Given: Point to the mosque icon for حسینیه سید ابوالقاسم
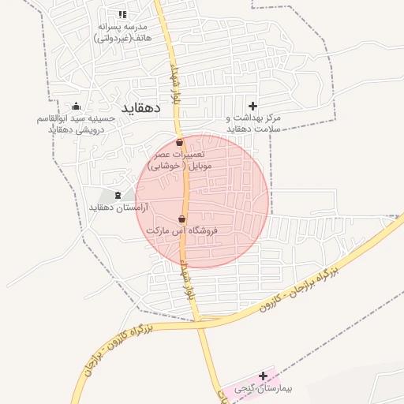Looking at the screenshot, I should point(76,106).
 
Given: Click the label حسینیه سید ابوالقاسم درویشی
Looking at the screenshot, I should point(77,124).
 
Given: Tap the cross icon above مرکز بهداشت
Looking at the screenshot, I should point(252,106).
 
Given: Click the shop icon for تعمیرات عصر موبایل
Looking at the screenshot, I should point(180,143).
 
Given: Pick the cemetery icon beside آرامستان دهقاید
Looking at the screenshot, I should point(118,195).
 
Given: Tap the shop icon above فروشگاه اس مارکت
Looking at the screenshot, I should point(182,219).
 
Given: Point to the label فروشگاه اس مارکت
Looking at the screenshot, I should point(182,232).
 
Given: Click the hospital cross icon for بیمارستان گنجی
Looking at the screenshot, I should point(263,376).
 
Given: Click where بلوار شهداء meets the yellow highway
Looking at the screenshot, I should point(200,320).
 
